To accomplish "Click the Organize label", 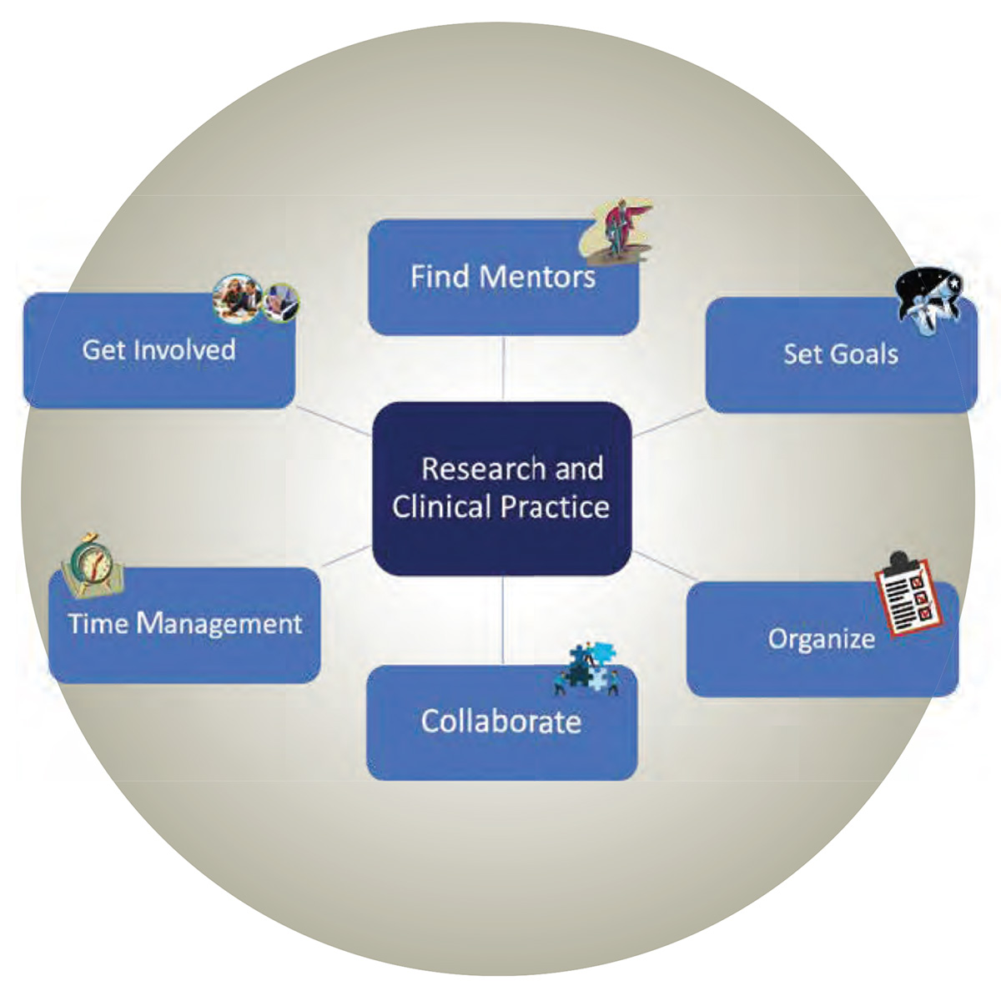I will pyautogui.click(x=822, y=639).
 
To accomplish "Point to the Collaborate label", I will pyautogui.click(x=501, y=722).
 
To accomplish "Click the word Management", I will pyautogui.click(x=219, y=624).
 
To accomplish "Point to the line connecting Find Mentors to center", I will pyautogui.click(x=503, y=369).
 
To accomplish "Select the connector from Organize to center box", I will pyautogui.click(x=663, y=565).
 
